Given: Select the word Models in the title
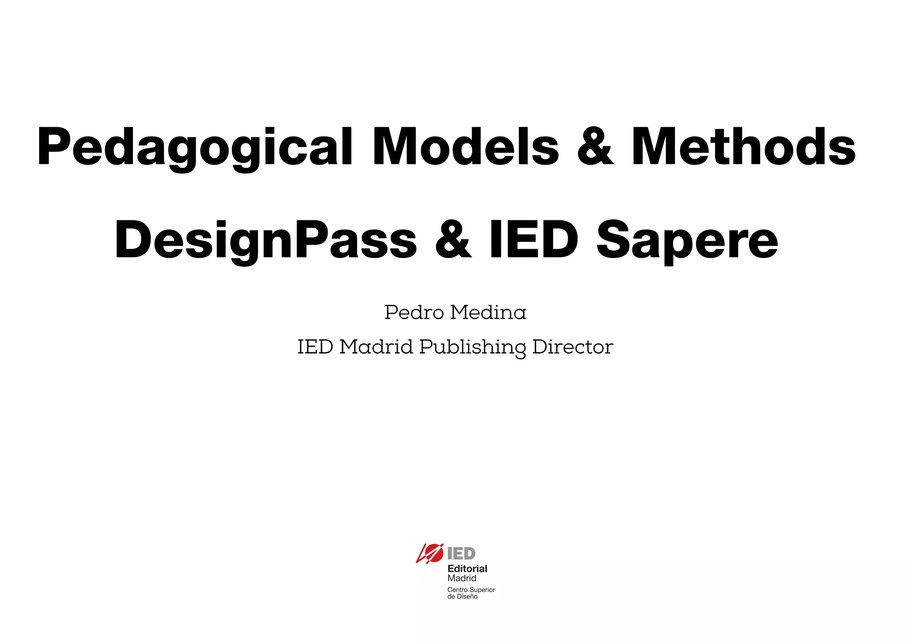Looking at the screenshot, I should click(465, 147).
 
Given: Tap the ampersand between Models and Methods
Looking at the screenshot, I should click(595, 147).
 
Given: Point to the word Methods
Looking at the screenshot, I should click(743, 147).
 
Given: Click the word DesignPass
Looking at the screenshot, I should click(266, 241).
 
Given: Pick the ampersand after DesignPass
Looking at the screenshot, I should click(453, 240).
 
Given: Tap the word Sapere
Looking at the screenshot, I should click(687, 241).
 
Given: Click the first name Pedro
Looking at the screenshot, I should click(414, 312).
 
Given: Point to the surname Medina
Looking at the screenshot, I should click(488, 312).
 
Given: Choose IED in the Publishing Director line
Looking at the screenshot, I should click(315, 347).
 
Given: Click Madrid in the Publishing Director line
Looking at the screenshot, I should click(376, 347).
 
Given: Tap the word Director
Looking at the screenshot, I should click(572, 347).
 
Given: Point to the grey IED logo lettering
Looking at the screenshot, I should click(461, 554).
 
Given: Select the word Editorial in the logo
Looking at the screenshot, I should click(467, 568).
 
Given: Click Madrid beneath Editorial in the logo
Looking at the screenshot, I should click(462, 578).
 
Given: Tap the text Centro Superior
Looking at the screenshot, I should click(471, 590).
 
